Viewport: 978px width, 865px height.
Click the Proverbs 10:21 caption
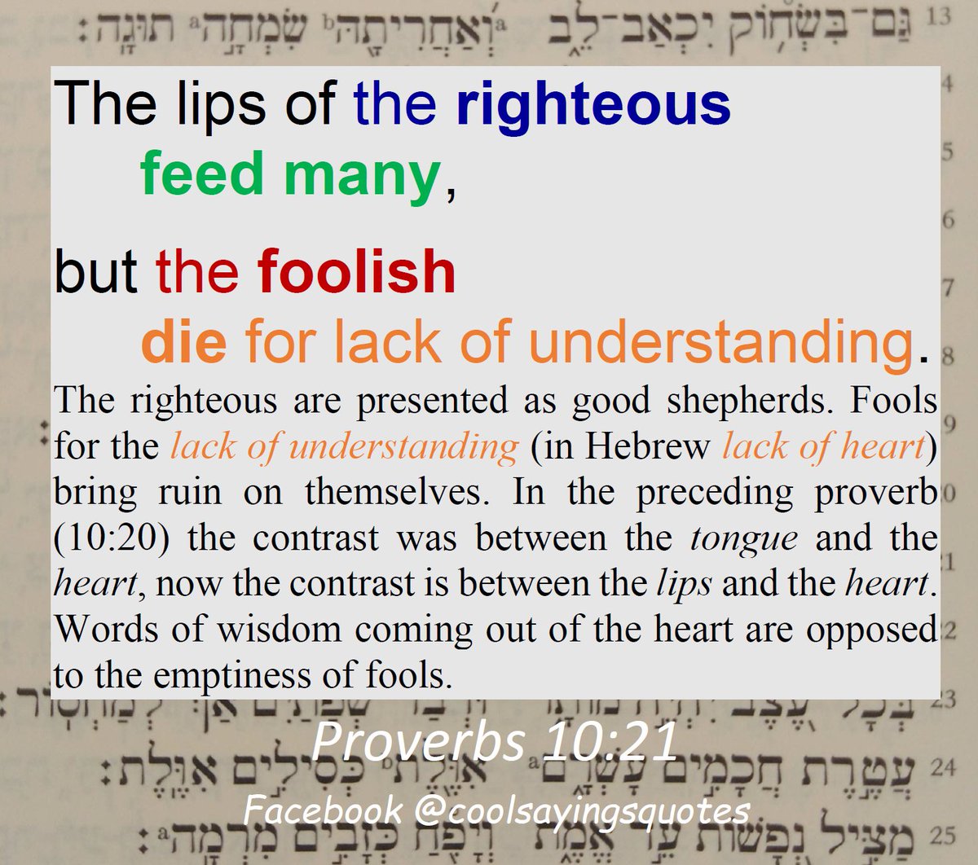tap(495, 743)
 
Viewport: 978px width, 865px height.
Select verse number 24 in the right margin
tap(941, 766)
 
